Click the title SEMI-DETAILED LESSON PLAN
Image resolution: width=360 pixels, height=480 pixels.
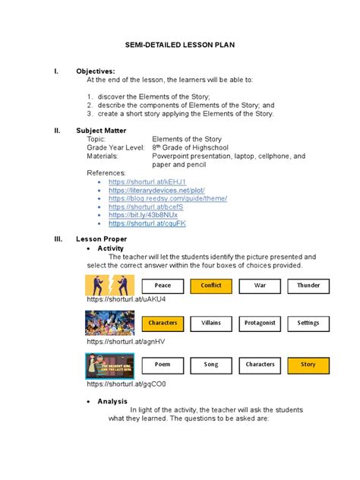click(179, 46)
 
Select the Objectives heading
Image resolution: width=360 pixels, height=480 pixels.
click(97, 71)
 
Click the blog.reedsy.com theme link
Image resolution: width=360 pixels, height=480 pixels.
click(168, 198)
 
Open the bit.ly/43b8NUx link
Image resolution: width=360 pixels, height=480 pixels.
click(144, 216)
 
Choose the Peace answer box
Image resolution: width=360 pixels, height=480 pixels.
click(163, 286)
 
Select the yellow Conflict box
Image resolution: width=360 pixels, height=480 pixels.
click(211, 286)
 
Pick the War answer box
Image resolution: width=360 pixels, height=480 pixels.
click(260, 286)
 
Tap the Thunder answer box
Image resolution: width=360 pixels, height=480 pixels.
click(308, 286)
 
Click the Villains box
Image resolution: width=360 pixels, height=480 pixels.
click(211, 323)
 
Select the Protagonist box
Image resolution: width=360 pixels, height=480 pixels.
click(260, 323)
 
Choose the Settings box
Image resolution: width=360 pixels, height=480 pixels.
click(308, 323)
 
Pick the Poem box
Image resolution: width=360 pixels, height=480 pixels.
click(163, 365)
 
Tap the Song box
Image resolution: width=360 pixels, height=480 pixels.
click(211, 365)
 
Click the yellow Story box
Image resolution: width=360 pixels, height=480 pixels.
click(308, 365)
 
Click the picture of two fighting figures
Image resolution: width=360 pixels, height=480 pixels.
click(109, 285)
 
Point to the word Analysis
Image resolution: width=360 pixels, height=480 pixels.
click(112, 401)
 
